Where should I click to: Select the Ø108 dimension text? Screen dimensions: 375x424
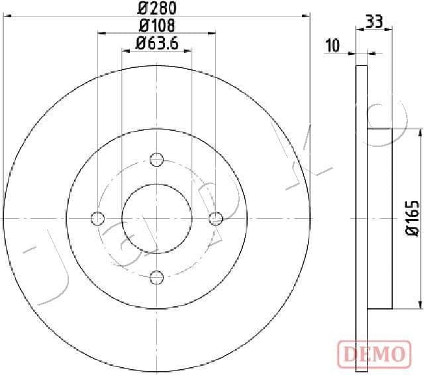pyautogui.click(x=156, y=26)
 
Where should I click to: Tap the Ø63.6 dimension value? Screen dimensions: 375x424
pyautogui.click(x=156, y=44)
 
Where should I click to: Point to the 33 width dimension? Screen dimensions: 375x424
pyautogui.click(x=374, y=21)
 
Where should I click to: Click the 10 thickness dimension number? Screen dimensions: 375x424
pyautogui.click(x=333, y=46)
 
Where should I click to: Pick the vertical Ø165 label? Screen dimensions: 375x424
pyautogui.click(x=412, y=218)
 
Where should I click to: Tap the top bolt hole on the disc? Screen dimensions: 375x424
pyautogui.click(x=156, y=159)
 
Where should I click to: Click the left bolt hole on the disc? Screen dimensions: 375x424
pyautogui.click(x=98, y=218)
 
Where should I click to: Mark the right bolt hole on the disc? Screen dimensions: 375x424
pyautogui.click(x=215, y=218)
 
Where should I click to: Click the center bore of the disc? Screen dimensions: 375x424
pyautogui.click(x=156, y=218)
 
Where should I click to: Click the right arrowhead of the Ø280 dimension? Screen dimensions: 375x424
pyautogui.click(x=306, y=15)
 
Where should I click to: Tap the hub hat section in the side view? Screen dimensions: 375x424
pyautogui.click(x=380, y=218)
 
